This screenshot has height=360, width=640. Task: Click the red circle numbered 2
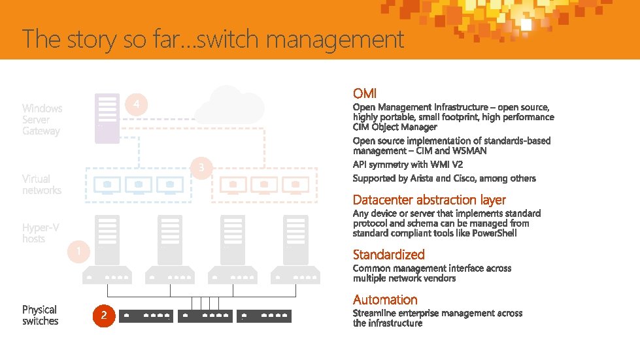104,316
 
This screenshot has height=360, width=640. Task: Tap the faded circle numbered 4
136,105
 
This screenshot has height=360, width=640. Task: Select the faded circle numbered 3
201,168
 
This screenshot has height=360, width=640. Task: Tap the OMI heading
364,94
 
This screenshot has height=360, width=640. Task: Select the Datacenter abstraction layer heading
429,200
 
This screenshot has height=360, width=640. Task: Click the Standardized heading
388,255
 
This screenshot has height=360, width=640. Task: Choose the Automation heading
385,300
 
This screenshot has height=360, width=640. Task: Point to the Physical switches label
40,315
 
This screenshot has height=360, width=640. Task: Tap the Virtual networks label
41,184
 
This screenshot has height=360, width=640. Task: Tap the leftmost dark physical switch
146,316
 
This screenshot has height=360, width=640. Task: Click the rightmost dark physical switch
263,316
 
